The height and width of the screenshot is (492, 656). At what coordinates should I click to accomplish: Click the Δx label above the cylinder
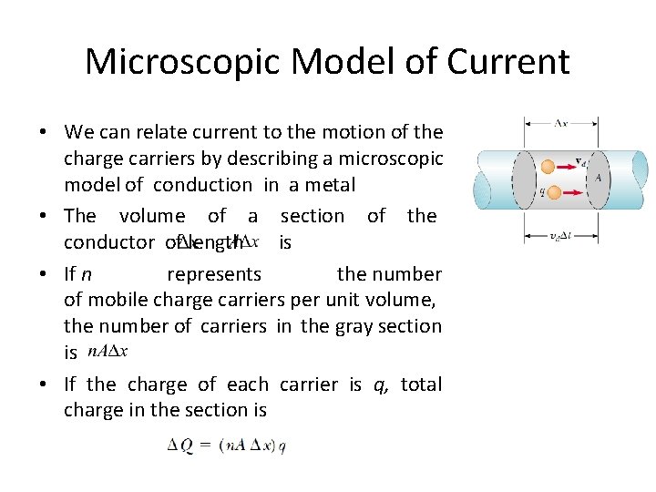pyautogui.click(x=563, y=122)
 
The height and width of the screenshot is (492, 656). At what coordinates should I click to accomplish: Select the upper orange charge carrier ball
pyautogui.click(x=548, y=167)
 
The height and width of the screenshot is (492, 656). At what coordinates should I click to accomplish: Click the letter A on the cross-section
pyautogui.click(x=599, y=179)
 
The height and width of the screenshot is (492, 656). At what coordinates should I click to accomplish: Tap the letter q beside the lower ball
pyautogui.click(x=542, y=193)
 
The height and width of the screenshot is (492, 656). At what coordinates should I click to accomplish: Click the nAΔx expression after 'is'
pyautogui.click(x=109, y=352)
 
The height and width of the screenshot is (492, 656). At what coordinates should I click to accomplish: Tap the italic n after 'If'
pyautogui.click(x=86, y=274)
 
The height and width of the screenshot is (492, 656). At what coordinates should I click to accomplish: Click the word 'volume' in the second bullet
pyautogui.click(x=152, y=216)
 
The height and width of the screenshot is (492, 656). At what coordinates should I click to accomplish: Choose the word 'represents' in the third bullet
pyautogui.click(x=214, y=274)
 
